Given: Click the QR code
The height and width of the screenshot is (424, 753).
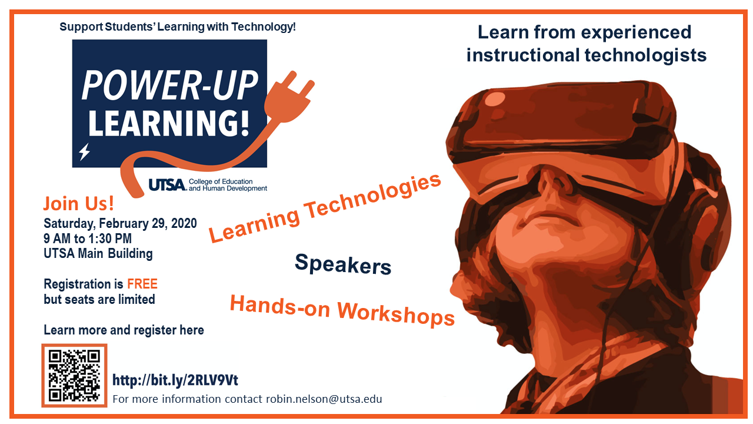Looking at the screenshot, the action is coord(74,376).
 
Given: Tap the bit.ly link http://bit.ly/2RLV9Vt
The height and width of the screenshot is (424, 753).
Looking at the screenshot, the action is coord(175,380).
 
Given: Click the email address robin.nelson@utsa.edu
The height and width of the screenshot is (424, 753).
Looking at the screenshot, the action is coord(324,399).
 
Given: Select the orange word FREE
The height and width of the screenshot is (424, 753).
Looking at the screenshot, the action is coord(142,284).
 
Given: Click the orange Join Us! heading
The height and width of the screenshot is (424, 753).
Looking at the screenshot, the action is coord(79,204).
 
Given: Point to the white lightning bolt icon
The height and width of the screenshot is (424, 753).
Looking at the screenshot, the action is coord(84,152).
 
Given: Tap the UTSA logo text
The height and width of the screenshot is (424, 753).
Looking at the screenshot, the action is coord(168,185).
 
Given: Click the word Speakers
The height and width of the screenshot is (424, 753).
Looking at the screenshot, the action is coord(343,264).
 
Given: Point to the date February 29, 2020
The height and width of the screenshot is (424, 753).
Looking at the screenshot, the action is coord(148,223).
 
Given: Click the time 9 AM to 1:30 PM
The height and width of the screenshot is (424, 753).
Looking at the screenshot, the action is coord(88,238).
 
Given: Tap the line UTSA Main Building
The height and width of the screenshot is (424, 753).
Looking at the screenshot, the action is coord(98,253).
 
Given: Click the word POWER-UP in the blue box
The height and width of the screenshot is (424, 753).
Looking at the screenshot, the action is coord(170,86).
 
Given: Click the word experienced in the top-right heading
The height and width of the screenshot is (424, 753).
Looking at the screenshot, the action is coord(636,33).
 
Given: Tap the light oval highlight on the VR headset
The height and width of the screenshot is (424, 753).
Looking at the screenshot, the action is coord(495,99).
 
